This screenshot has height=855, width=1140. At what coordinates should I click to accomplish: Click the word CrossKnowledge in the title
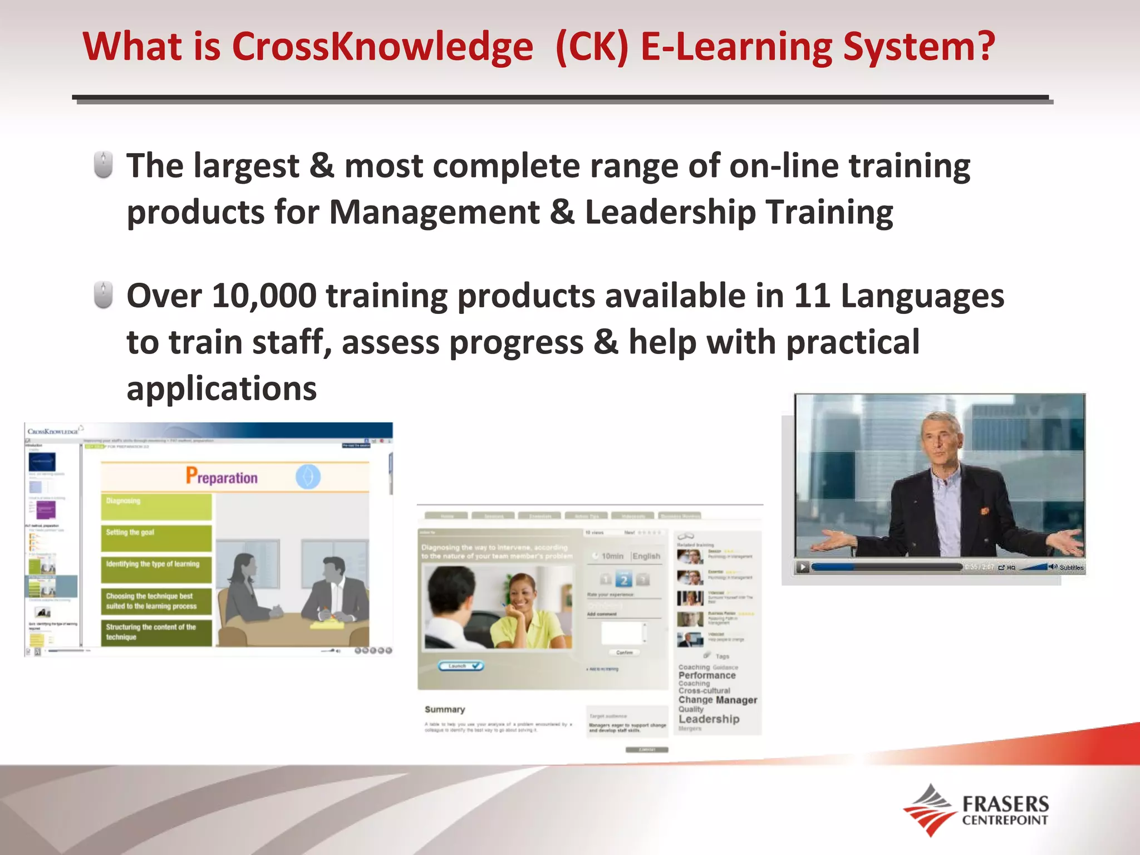pos(382,47)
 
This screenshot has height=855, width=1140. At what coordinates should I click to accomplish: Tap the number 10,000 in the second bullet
pos(264,296)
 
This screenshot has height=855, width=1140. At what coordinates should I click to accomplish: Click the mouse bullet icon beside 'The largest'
pos(103,165)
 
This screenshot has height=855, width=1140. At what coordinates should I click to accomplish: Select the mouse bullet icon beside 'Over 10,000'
pos(103,295)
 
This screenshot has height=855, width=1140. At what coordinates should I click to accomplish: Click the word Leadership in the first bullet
pos(670,213)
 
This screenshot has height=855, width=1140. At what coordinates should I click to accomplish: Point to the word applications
pos(222,389)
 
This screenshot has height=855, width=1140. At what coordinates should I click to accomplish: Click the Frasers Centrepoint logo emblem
pos(928,810)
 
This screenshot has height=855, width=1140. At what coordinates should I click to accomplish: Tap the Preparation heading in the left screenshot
pos(222,477)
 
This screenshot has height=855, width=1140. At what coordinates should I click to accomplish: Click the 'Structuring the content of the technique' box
pos(156,632)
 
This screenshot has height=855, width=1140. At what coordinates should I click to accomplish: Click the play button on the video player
pos(802,567)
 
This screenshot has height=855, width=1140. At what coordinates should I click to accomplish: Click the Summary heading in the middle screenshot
pos(444,710)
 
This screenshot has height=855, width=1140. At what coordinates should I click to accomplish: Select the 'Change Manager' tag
pos(718,700)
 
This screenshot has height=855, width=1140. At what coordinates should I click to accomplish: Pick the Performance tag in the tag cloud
pos(707,675)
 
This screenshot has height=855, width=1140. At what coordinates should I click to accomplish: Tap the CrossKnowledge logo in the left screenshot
pos(53,431)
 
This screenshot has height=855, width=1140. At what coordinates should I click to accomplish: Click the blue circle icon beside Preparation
pos(308,477)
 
